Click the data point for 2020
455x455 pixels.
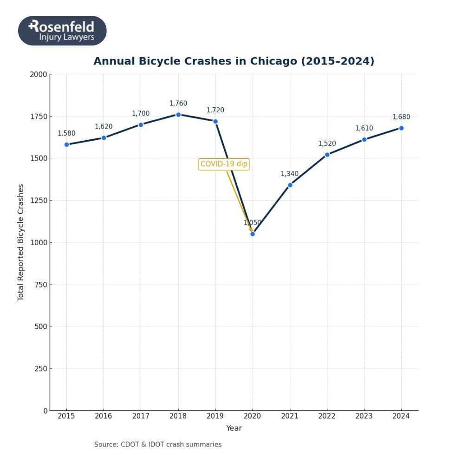pos(253,234)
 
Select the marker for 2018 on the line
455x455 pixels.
pos(178,115)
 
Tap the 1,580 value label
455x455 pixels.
pos(66,134)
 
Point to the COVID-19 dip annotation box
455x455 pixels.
pos(224,164)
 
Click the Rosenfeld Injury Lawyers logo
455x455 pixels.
pos(62,31)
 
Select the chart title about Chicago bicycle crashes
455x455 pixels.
pos(234,61)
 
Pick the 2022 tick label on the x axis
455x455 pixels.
pos(327,416)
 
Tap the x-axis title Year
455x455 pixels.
pos(234,429)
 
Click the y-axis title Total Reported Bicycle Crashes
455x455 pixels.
pos(20,242)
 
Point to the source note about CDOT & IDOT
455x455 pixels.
pos(158,445)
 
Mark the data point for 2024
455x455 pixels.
pos(401,128)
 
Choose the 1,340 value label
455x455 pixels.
pos(290,174)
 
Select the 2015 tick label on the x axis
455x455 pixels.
pos(66,416)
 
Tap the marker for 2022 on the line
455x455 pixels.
pos(327,155)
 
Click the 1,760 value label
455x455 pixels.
pos(178,104)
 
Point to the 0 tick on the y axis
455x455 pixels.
pos(45,411)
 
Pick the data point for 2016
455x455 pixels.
pos(104,138)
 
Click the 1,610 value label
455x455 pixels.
pos(364,129)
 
